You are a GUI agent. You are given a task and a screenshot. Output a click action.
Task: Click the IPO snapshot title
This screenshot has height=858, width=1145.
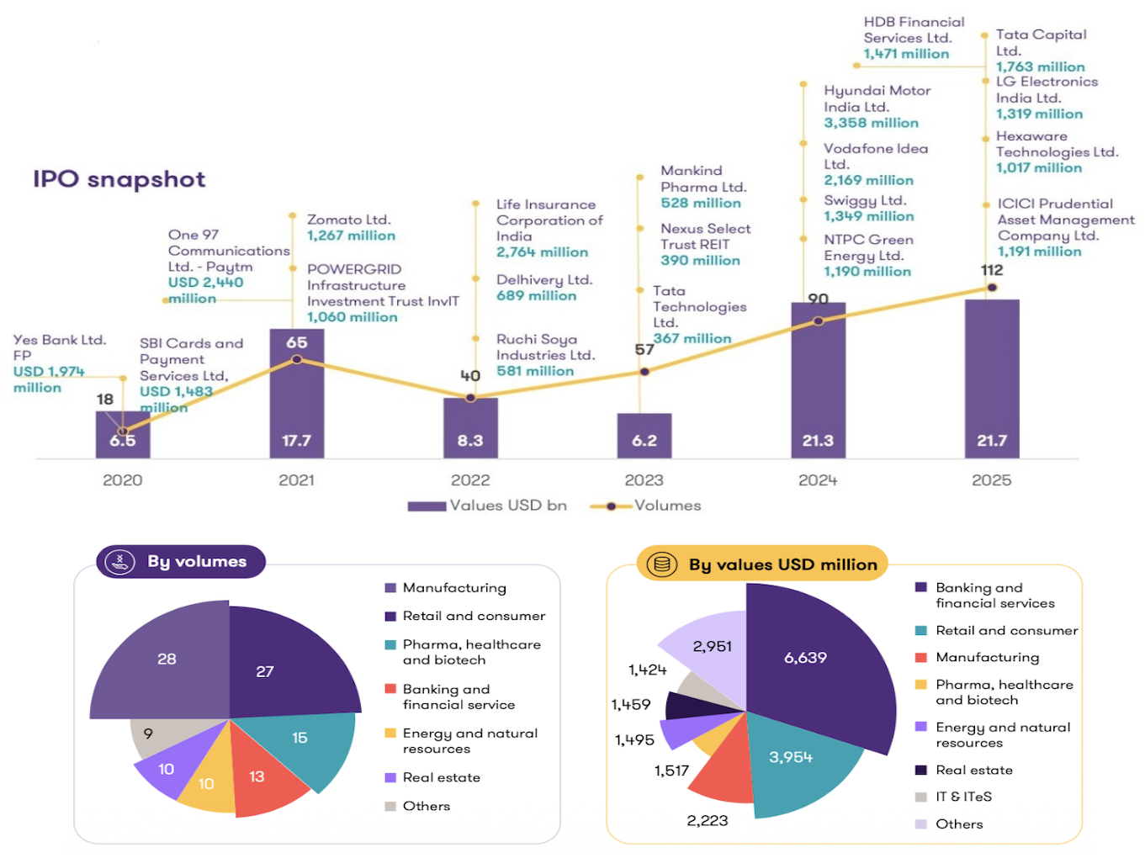pyautogui.click(x=119, y=179)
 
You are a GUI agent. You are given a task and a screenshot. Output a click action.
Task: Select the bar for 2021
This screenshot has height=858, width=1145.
pyautogui.click(x=296, y=395)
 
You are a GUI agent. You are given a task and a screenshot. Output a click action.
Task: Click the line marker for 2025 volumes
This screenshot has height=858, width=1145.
pyautogui.click(x=992, y=288)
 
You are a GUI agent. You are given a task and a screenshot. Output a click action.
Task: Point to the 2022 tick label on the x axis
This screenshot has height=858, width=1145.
pyautogui.click(x=469, y=480)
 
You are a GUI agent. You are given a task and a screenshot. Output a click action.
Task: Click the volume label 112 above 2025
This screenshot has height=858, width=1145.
pyautogui.click(x=992, y=270)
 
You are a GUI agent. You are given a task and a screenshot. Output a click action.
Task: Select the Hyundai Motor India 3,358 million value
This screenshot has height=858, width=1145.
pyautogui.click(x=871, y=123)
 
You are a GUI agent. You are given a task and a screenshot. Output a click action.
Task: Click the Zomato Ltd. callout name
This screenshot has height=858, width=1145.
pyautogui.click(x=348, y=220)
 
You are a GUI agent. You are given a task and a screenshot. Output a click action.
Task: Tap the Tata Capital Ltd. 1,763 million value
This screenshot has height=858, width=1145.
pyautogui.click(x=1040, y=66)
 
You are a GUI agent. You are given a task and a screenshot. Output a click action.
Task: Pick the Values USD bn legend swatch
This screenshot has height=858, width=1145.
pyautogui.click(x=427, y=506)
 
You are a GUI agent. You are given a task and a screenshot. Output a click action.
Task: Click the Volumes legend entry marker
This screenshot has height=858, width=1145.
pyautogui.click(x=611, y=506)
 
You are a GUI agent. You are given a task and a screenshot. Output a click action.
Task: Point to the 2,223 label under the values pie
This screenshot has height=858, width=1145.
pyautogui.click(x=707, y=821)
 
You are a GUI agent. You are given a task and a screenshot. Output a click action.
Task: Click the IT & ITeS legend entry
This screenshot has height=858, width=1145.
pyautogui.click(x=963, y=797)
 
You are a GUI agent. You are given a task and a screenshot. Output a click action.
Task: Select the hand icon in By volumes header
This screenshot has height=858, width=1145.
pyautogui.click(x=120, y=562)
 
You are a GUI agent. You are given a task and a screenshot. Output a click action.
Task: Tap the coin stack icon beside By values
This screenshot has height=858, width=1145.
pyautogui.click(x=661, y=564)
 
